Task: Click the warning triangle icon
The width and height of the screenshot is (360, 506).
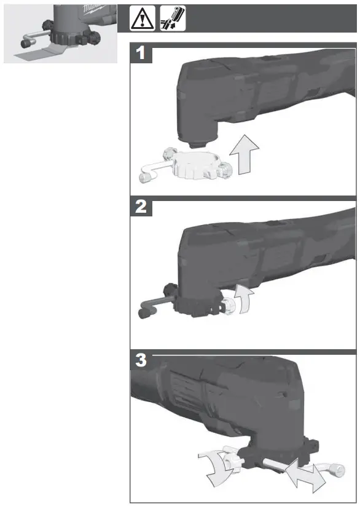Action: [x=142, y=19]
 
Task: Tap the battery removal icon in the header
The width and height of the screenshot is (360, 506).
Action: [x=173, y=19]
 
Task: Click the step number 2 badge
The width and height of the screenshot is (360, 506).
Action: [x=142, y=207]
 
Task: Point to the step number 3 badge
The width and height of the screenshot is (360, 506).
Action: [x=142, y=361]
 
